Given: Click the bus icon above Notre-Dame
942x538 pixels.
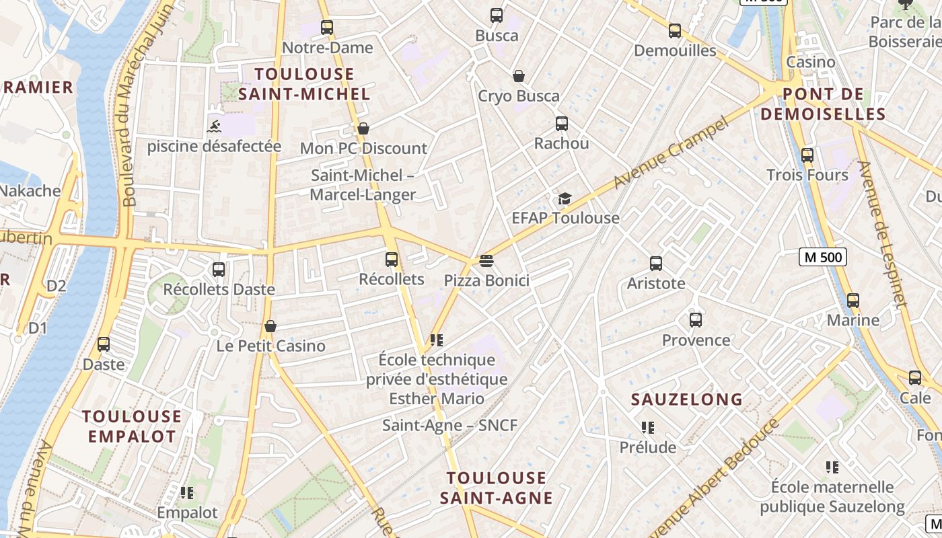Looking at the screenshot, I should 327,28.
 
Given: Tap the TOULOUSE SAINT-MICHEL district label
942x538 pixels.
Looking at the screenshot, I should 304,84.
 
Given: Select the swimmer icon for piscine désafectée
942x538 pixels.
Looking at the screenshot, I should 214,126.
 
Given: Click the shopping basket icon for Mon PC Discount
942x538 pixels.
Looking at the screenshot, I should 363,128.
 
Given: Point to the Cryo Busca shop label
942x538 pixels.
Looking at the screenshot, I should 518,96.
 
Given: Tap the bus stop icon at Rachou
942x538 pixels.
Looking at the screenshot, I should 562,124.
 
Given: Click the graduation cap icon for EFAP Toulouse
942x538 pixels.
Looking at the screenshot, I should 565,198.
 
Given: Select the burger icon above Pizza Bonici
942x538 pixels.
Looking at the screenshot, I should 486,261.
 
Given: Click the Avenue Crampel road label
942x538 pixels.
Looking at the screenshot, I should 672,153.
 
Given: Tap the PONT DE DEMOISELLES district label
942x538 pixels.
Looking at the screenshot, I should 824,104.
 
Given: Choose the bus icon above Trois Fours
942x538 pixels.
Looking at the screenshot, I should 807,155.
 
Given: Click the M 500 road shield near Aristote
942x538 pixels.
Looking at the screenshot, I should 822,256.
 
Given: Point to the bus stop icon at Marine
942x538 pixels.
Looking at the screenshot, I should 853,301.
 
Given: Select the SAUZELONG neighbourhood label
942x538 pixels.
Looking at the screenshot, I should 686,399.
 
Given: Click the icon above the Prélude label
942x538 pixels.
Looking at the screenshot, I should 648,427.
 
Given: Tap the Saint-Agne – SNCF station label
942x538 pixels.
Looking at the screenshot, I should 449,425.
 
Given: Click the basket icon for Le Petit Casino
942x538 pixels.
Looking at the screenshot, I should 270,326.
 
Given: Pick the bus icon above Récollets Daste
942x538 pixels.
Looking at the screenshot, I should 219,270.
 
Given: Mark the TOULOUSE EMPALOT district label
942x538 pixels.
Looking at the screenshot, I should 132,426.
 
